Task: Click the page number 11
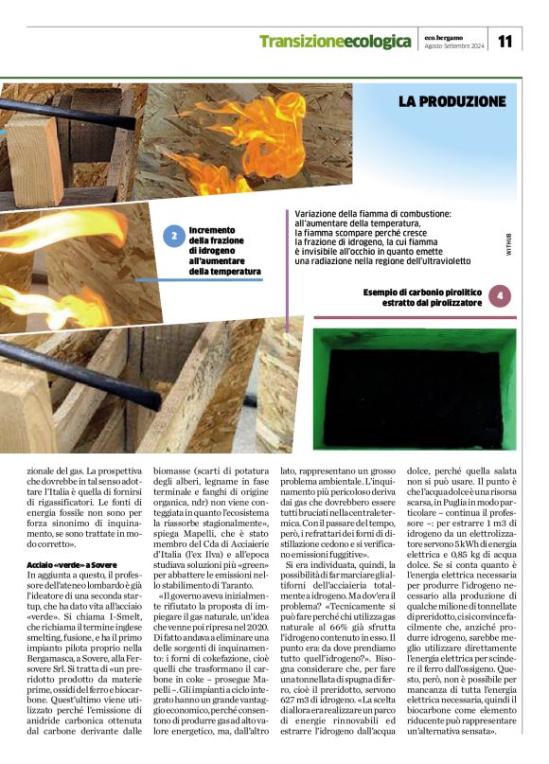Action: pyautogui.click(x=505, y=42)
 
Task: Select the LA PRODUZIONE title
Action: pyautogui.click(x=452, y=100)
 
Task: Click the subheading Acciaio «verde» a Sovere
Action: pyautogui.click(x=65, y=565)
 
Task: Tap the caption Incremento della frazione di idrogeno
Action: pyautogui.click(x=224, y=251)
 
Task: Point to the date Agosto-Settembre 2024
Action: pyautogui.click(x=455, y=45)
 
